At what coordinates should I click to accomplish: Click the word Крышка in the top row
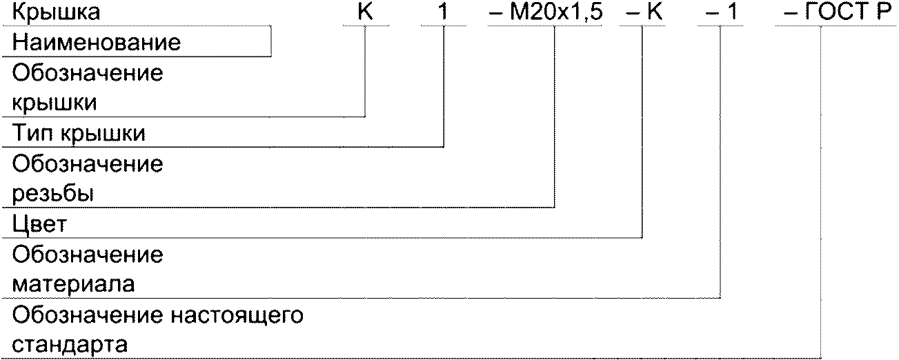55,12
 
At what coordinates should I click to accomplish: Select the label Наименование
97,43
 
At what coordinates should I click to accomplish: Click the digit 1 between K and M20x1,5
443,12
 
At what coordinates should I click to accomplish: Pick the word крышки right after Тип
103,133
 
